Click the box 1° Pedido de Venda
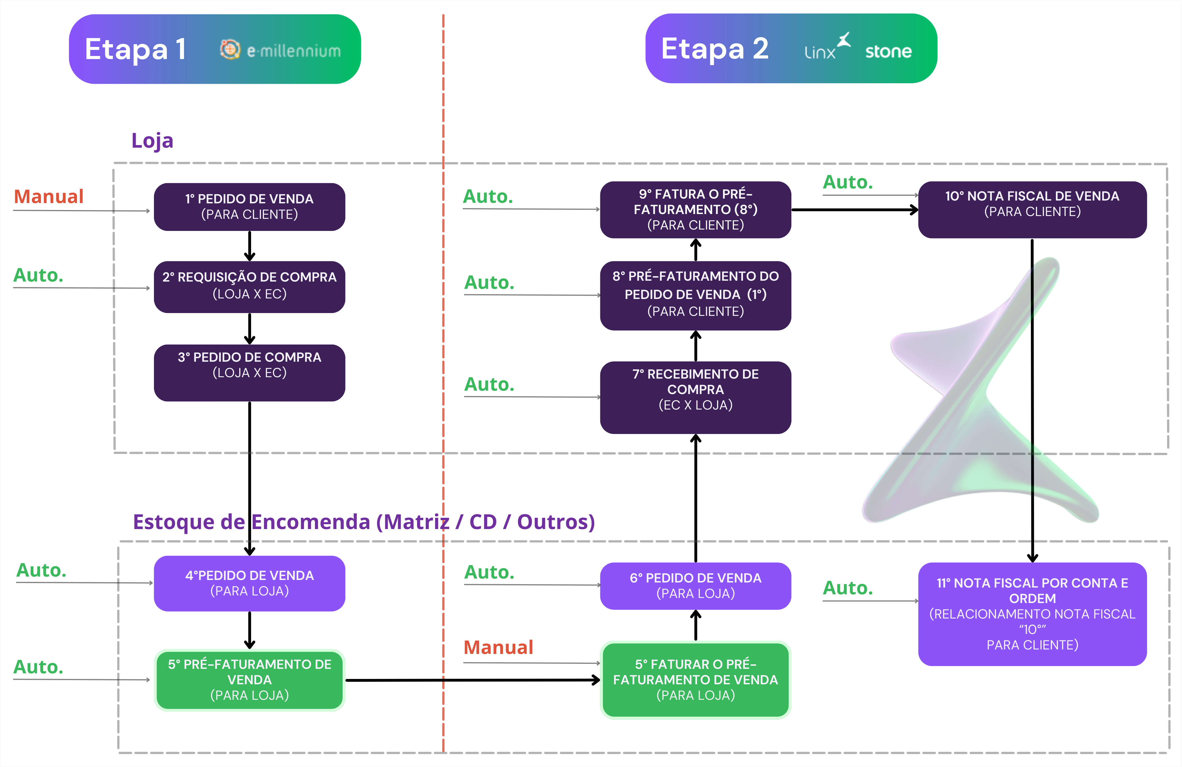(x=249, y=206)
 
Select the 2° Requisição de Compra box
(x=249, y=286)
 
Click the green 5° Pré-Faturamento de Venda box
(x=249, y=680)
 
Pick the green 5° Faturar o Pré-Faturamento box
(x=695, y=680)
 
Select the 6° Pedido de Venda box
(x=695, y=586)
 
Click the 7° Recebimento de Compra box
(x=695, y=397)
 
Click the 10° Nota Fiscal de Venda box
(x=1032, y=209)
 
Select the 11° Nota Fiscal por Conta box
(x=1032, y=614)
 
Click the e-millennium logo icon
(x=230, y=49)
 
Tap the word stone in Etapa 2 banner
(x=888, y=51)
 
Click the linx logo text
(x=820, y=52)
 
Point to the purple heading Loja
(x=152, y=141)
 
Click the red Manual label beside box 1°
(x=49, y=197)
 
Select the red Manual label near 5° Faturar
(x=498, y=647)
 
